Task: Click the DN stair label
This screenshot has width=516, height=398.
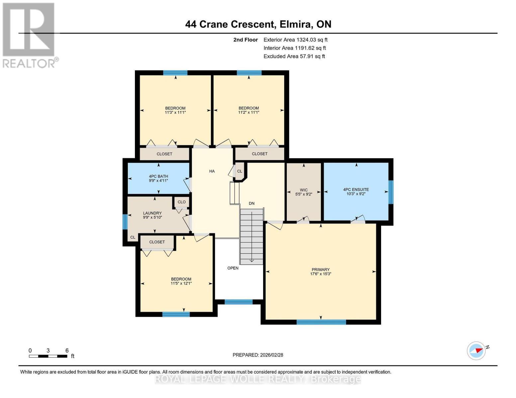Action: (252, 203)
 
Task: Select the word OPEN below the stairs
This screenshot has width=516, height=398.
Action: (233, 268)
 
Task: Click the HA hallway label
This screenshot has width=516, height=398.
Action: (212, 171)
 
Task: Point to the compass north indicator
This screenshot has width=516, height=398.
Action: (476, 350)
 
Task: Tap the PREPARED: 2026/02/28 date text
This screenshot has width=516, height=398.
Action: (258, 355)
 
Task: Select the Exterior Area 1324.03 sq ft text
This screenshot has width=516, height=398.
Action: (295, 40)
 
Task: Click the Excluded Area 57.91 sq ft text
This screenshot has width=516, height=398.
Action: (294, 56)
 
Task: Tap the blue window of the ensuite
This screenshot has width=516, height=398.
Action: (391, 192)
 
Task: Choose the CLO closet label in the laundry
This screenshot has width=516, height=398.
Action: (181, 202)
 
